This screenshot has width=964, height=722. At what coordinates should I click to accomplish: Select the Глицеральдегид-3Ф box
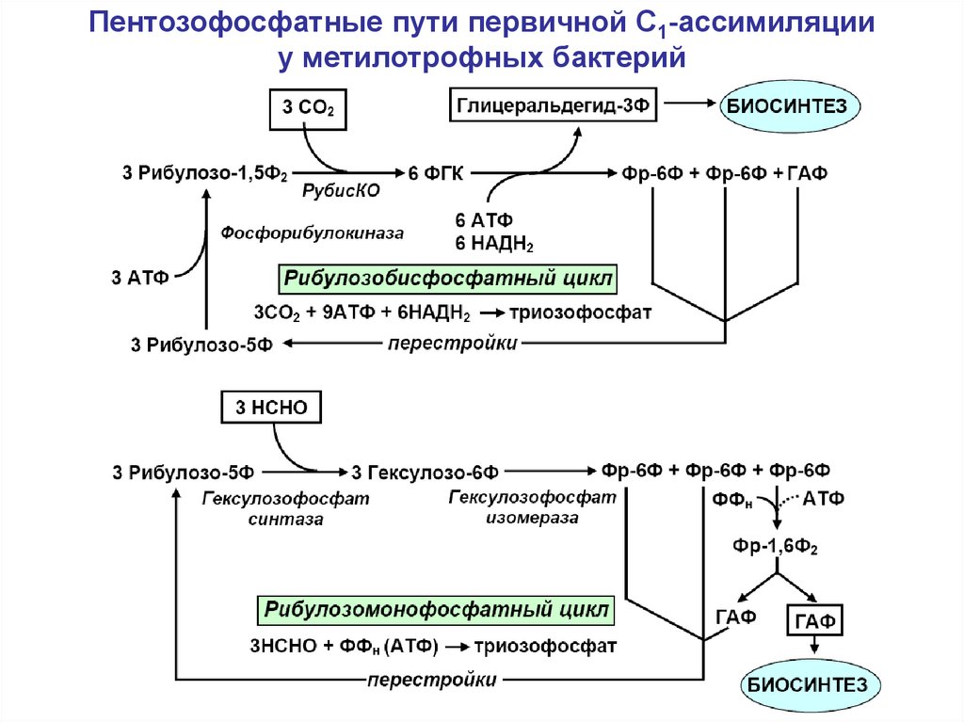click(553, 104)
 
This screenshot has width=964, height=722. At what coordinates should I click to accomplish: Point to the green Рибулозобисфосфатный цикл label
click(447, 280)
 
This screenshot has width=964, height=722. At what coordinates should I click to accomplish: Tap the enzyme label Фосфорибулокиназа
click(312, 233)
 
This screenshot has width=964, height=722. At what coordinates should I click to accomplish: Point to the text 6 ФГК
click(436, 172)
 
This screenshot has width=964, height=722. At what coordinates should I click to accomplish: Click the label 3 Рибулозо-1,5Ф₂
click(202, 172)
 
